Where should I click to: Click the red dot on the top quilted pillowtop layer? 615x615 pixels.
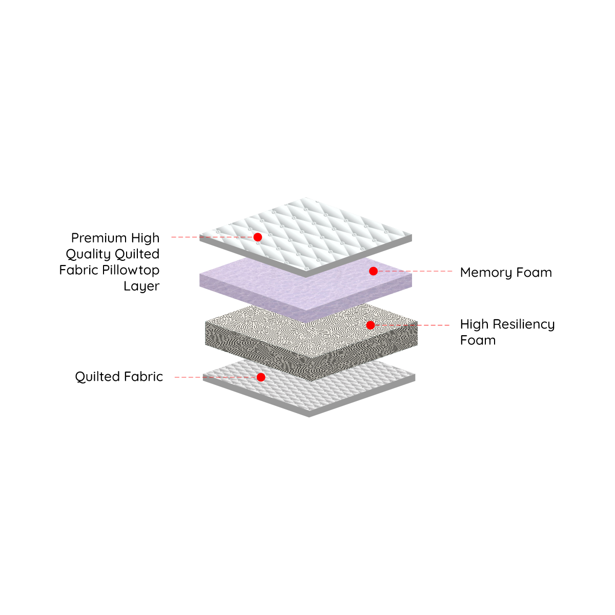[x=258, y=237]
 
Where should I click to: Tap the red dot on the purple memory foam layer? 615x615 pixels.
[x=373, y=271]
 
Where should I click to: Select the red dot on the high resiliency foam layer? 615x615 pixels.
[x=370, y=325]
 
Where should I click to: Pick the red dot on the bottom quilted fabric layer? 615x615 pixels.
[x=261, y=377]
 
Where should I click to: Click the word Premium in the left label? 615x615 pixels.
[x=99, y=238]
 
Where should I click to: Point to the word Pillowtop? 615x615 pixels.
[x=131, y=270]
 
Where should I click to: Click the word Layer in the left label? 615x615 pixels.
[x=141, y=286]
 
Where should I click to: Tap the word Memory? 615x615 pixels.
[x=486, y=273]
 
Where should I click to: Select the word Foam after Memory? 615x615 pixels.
[x=534, y=272]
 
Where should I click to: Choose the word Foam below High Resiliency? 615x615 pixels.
[x=478, y=340]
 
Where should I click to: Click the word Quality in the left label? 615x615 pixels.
[x=88, y=254]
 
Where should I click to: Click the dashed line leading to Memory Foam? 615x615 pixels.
[x=415, y=271]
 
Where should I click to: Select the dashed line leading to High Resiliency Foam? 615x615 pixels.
[x=412, y=325]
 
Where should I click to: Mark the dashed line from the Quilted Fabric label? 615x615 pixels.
[x=215, y=377]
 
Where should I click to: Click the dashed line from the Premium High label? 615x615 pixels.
[x=212, y=237]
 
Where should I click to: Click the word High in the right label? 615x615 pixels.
[x=474, y=324]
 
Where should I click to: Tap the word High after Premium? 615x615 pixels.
[x=146, y=238]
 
